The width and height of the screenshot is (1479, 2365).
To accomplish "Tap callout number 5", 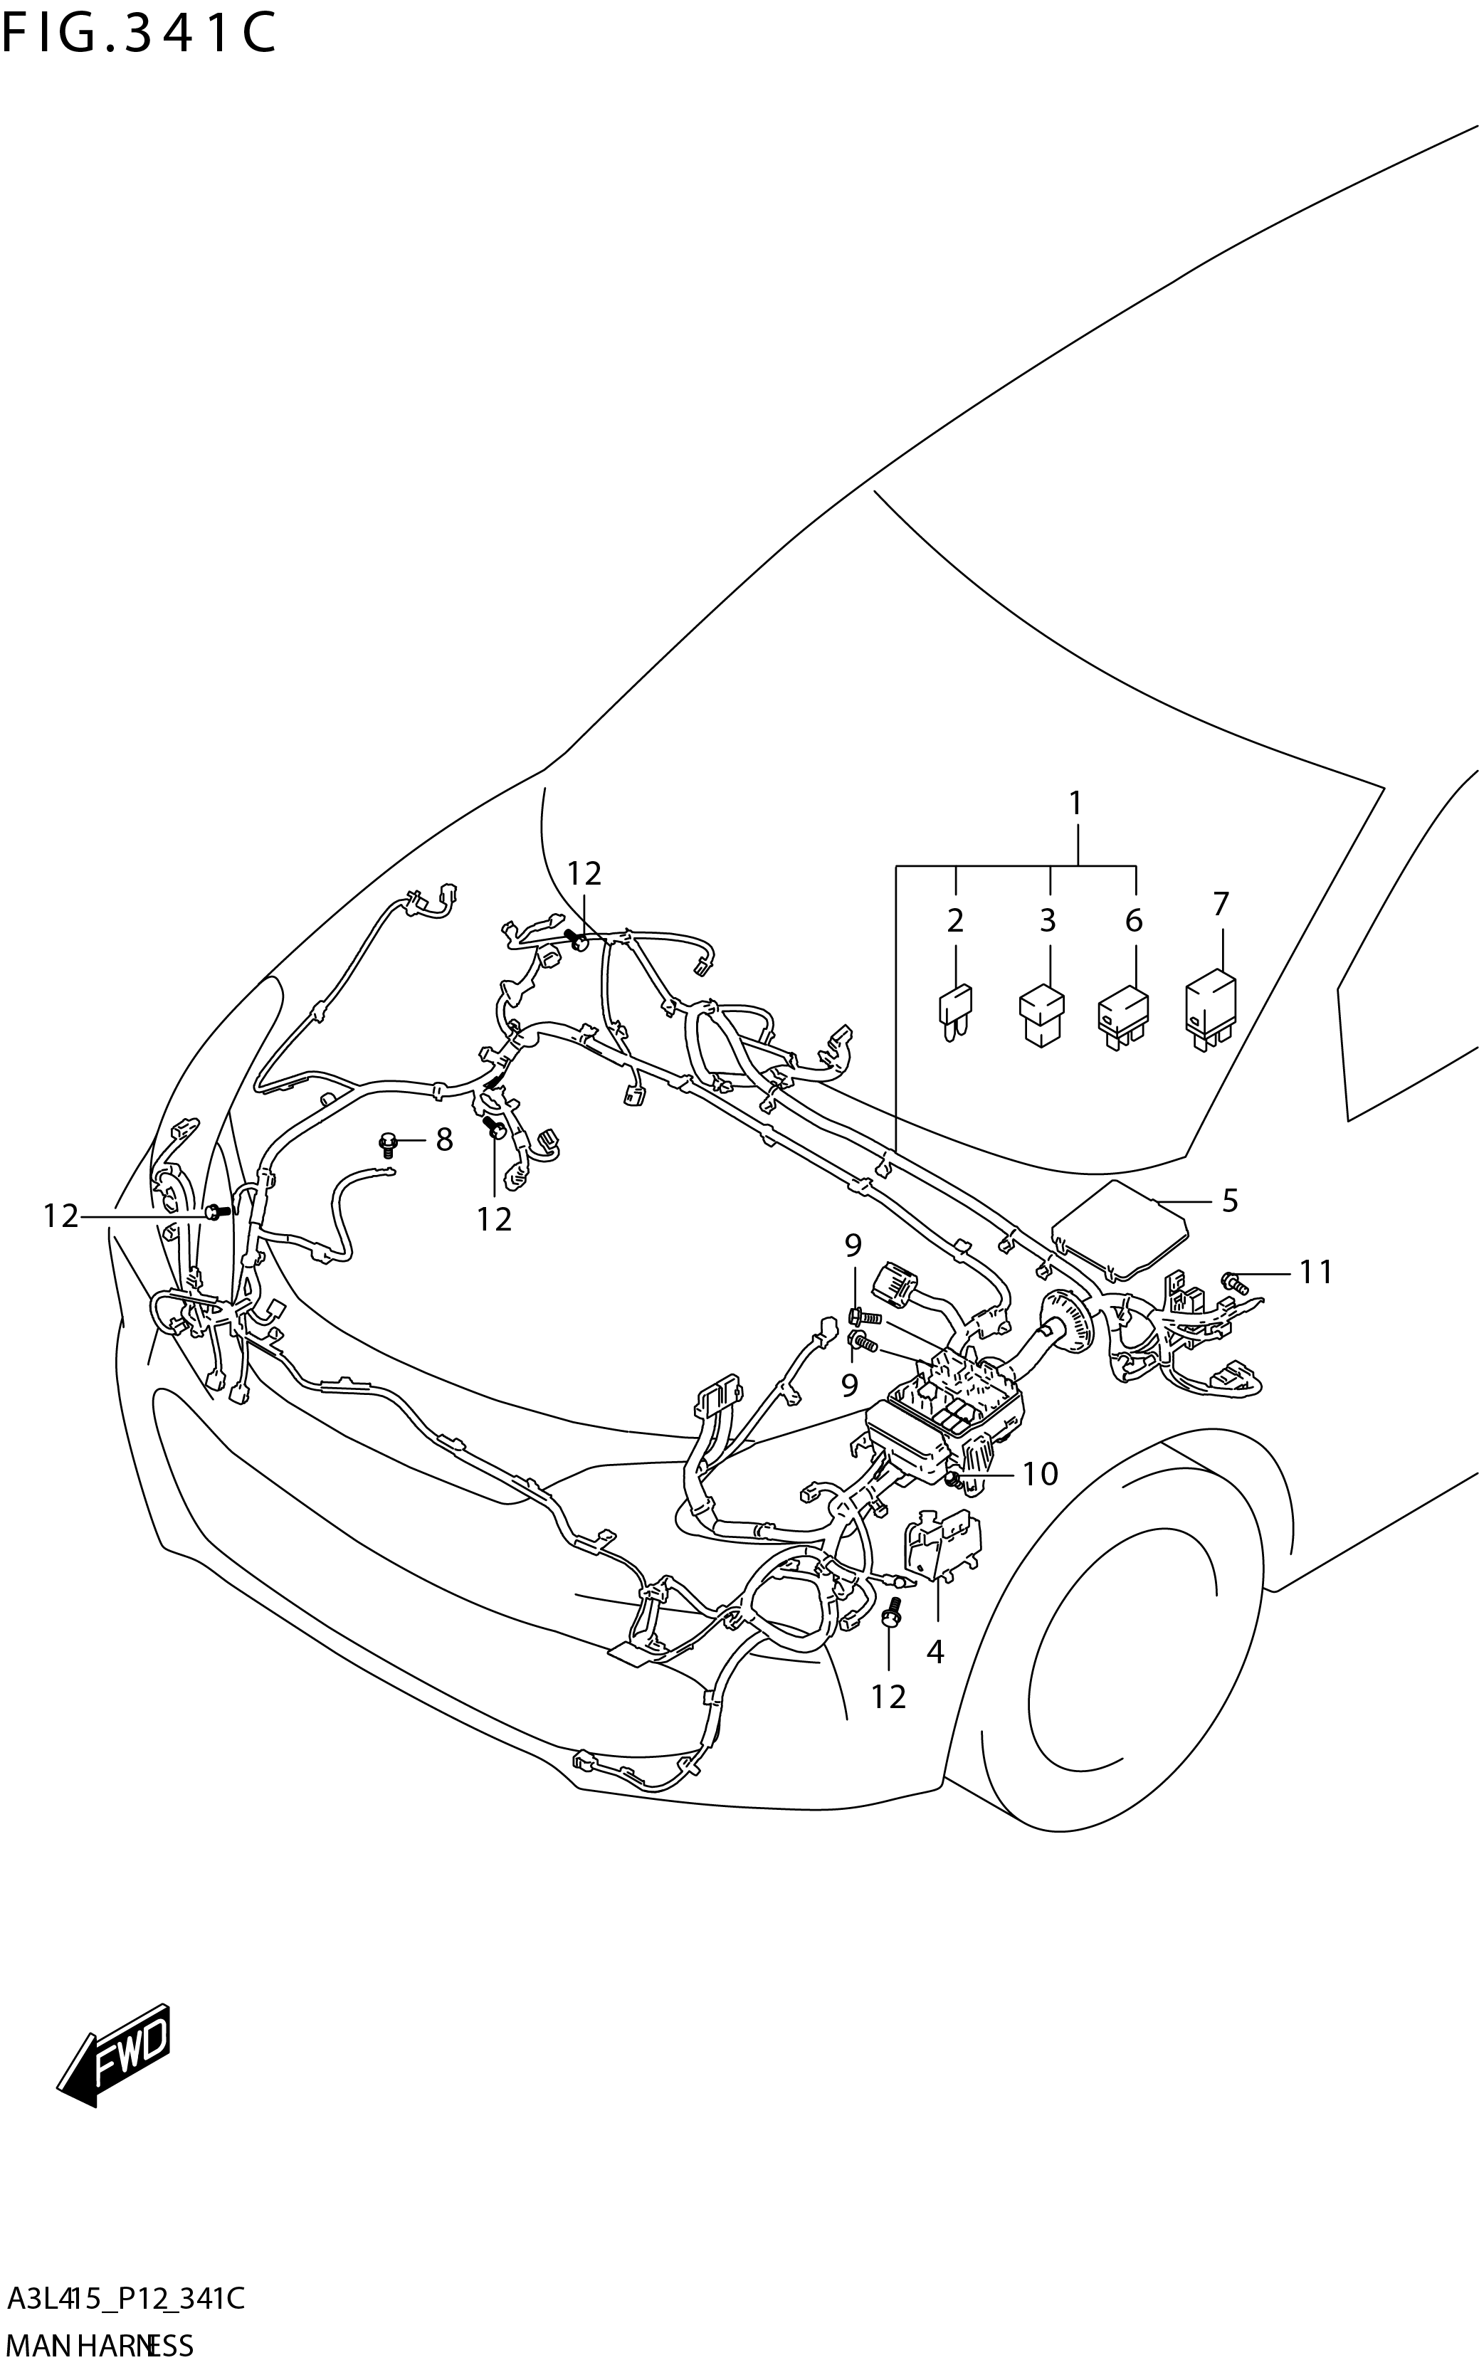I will tap(1230, 1200).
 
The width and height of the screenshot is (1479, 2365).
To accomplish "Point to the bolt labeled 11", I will tap(1234, 1280).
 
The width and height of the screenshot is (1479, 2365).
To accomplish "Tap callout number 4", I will tap(935, 1653).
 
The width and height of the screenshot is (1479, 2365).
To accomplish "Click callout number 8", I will tap(444, 1139).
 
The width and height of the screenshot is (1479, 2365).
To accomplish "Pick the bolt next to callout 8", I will tap(389, 1142).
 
